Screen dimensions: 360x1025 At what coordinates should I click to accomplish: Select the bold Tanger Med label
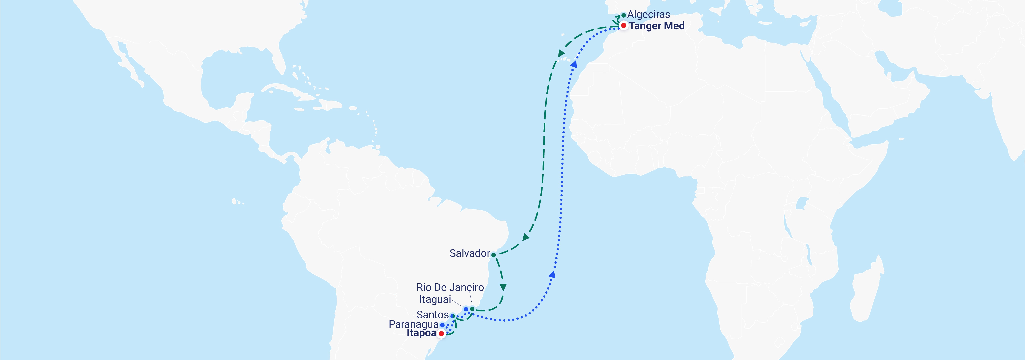coord(657,26)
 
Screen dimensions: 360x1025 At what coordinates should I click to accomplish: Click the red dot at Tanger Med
coord(624,25)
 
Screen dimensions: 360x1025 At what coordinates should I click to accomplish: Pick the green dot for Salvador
coord(493,255)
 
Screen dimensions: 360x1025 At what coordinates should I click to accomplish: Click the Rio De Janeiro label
coord(450,287)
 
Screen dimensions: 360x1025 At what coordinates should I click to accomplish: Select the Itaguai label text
coord(435,300)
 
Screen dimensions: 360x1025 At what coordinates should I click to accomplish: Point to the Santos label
coord(433,315)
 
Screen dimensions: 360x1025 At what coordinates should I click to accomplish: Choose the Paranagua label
coord(413,324)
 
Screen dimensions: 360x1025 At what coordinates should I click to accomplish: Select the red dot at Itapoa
coord(441,334)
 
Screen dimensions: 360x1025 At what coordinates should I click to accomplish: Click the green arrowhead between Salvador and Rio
coord(503,287)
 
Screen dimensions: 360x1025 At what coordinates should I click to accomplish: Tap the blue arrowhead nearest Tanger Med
coord(574,64)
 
